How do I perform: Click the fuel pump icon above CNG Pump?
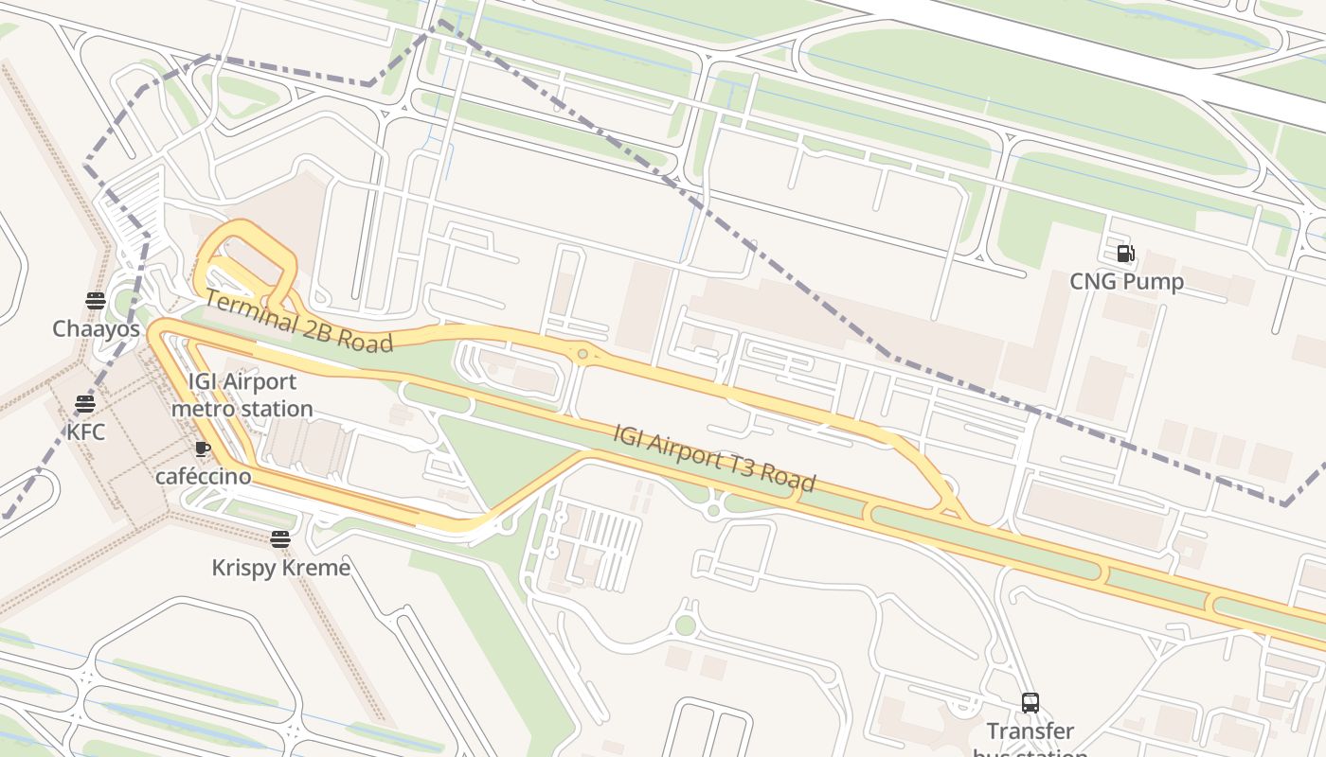click(x=1126, y=254)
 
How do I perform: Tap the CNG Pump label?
click(x=1126, y=282)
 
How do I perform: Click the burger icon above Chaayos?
click(x=96, y=301)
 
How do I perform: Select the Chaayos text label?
click(x=96, y=329)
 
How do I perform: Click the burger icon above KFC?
click(x=85, y=404)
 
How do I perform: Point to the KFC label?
click(x=85, y=432)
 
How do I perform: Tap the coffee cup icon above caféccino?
click(x=202, y=449)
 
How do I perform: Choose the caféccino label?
click(x=203, y=476)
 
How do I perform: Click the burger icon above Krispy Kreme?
click(x=279, y=539)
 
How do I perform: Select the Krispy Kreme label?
click(x=280, y=568)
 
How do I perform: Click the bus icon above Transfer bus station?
click(x=1030, y=703)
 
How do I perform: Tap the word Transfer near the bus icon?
click(x=1030, y=731)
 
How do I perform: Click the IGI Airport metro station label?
click(x=242, y=396)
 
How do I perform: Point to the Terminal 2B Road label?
click(x=298, y=322)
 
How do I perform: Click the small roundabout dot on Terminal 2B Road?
click(x=582, y=355)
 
